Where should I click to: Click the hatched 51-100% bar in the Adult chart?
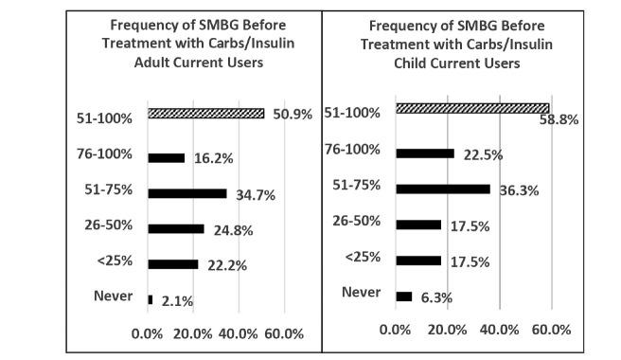[x=205, y=114]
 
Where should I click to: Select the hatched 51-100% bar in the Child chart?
[x=471, y=108]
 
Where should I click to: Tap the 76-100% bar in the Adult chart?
[x=166, y=157]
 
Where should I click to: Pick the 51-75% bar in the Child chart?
[x=442, y=189]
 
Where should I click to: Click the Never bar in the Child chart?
[x=403, y=296]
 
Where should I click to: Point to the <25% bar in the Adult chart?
[x=172, y=264]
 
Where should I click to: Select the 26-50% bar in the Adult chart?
[x=175, y=228]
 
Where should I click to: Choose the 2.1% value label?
[x=176, y=300]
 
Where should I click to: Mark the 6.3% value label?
[x=435, y=297]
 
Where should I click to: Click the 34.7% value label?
[x=253, y=194]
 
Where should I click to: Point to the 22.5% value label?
[x=481, y=155]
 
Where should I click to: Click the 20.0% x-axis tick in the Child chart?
[x=447, y=330]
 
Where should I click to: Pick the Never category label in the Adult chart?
[x=113, y=296]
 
